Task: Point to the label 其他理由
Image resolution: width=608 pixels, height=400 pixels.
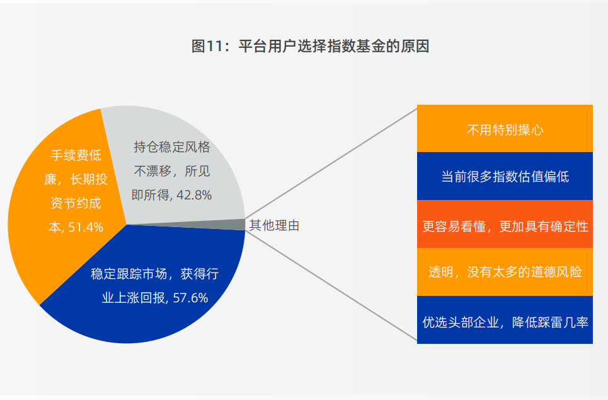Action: pos(274,225)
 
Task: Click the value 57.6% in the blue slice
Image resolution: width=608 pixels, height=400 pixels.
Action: pos(190,298)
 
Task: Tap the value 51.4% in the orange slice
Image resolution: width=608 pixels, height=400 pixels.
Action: pos(86,227)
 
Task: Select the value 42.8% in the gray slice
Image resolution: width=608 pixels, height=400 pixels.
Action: pos(194,195)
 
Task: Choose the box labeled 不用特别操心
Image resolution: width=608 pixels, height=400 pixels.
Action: pos(505,128)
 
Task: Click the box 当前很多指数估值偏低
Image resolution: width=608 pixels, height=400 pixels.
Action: pos(505,176)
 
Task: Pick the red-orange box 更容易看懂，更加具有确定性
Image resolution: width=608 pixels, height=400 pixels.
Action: pos(505,224)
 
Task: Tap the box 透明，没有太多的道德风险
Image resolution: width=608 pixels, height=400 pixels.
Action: pos(505,272)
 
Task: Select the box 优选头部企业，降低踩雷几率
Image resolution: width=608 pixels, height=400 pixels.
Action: pos(505,320)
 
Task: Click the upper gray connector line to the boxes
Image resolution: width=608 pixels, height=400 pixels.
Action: pos(331,163)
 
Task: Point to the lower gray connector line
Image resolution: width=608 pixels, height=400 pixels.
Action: pos(331,286)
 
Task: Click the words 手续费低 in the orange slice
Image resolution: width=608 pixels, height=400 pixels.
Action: pos(76,155)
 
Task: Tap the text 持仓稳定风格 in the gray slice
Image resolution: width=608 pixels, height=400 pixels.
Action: pos(172,147)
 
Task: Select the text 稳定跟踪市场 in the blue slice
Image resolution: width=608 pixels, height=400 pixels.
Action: pos(129,274)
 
